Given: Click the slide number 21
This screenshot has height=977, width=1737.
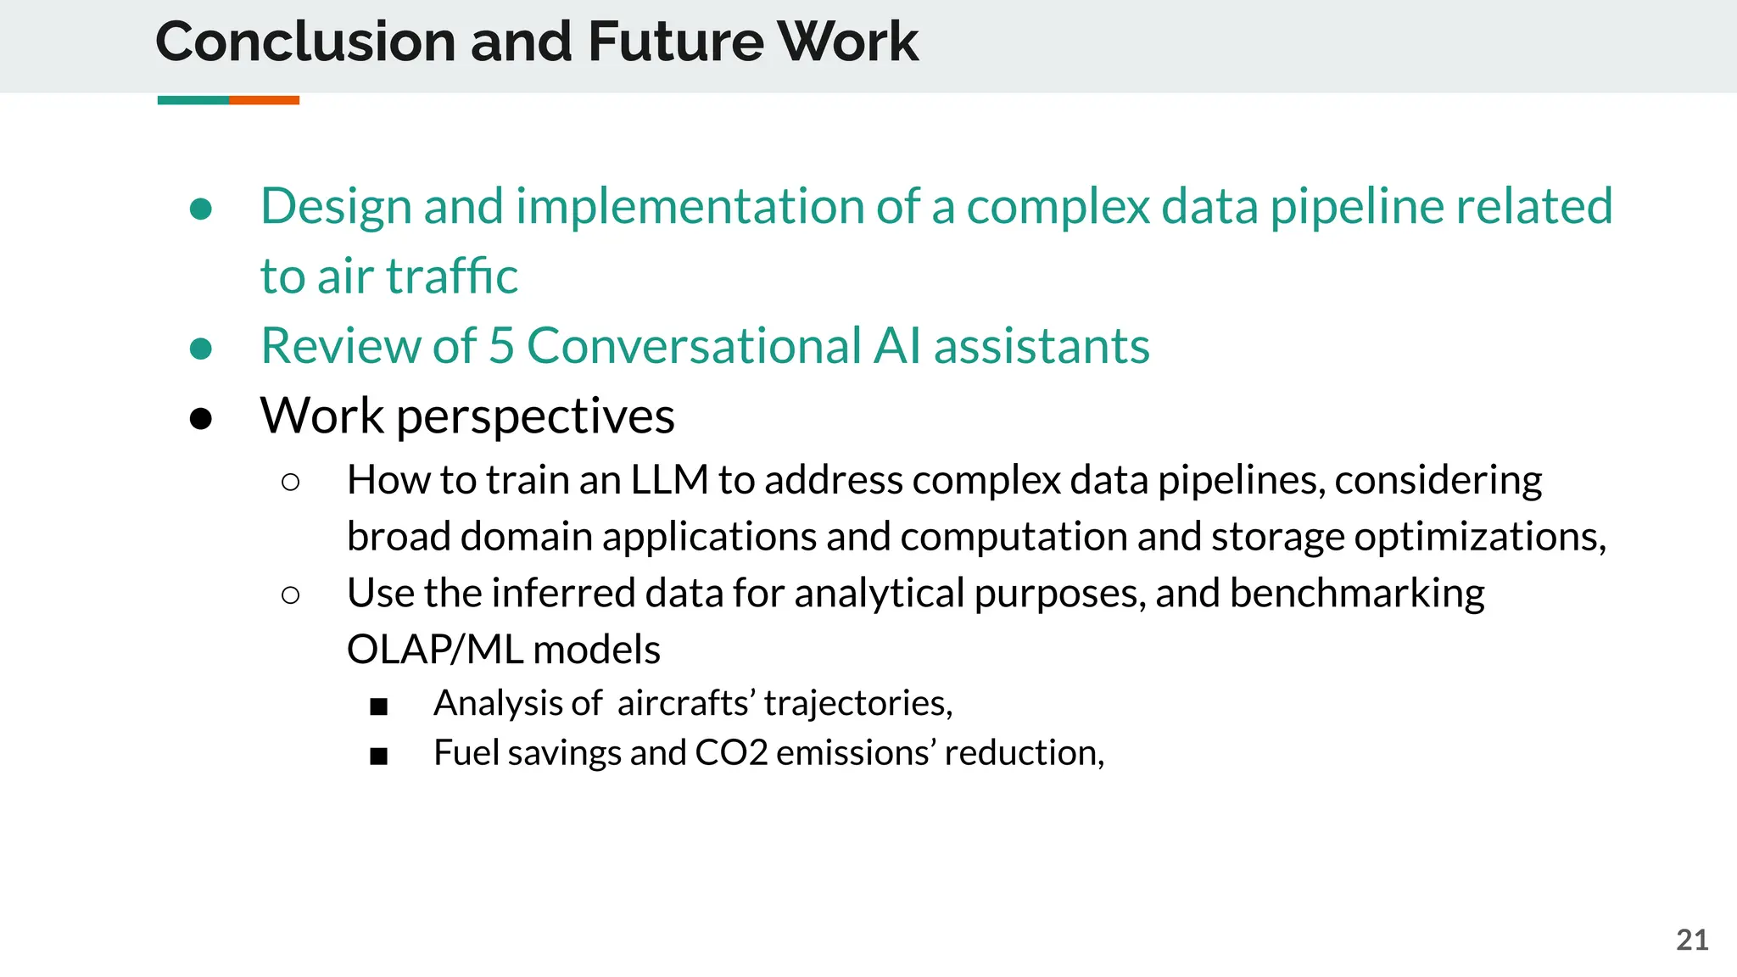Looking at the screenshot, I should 1692,940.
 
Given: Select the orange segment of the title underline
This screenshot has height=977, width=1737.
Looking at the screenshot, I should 264,100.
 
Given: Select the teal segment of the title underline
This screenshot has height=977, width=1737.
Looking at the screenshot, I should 193,100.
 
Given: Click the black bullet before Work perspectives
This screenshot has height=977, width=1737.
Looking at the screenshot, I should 201,418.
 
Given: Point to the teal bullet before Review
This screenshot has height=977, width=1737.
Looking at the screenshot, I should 201,348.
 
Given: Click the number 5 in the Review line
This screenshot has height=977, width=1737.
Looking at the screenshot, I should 501,346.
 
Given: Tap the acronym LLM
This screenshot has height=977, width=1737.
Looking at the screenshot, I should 669,480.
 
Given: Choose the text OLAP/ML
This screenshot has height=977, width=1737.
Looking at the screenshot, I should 435,650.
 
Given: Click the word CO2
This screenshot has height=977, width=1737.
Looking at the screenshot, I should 731,753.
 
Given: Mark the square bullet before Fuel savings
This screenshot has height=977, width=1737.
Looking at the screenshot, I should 378,756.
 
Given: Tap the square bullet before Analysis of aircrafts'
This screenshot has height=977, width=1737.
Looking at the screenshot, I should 378,706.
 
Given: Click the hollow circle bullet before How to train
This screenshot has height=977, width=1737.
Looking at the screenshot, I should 290,483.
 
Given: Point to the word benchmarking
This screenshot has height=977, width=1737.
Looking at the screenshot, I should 1357,593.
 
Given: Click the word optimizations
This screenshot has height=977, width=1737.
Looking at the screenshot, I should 1479,537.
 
